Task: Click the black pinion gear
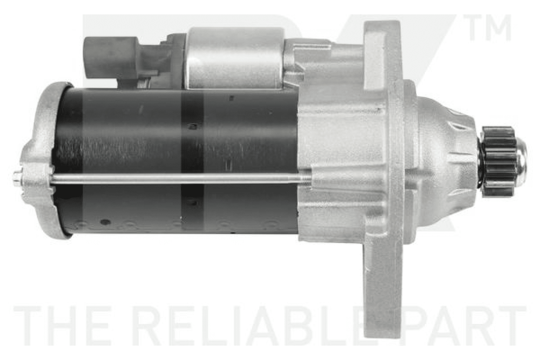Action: (499, 161)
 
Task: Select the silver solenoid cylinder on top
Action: (236, 58)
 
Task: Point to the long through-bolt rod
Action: (179, 178)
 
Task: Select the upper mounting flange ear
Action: (383, 52)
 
